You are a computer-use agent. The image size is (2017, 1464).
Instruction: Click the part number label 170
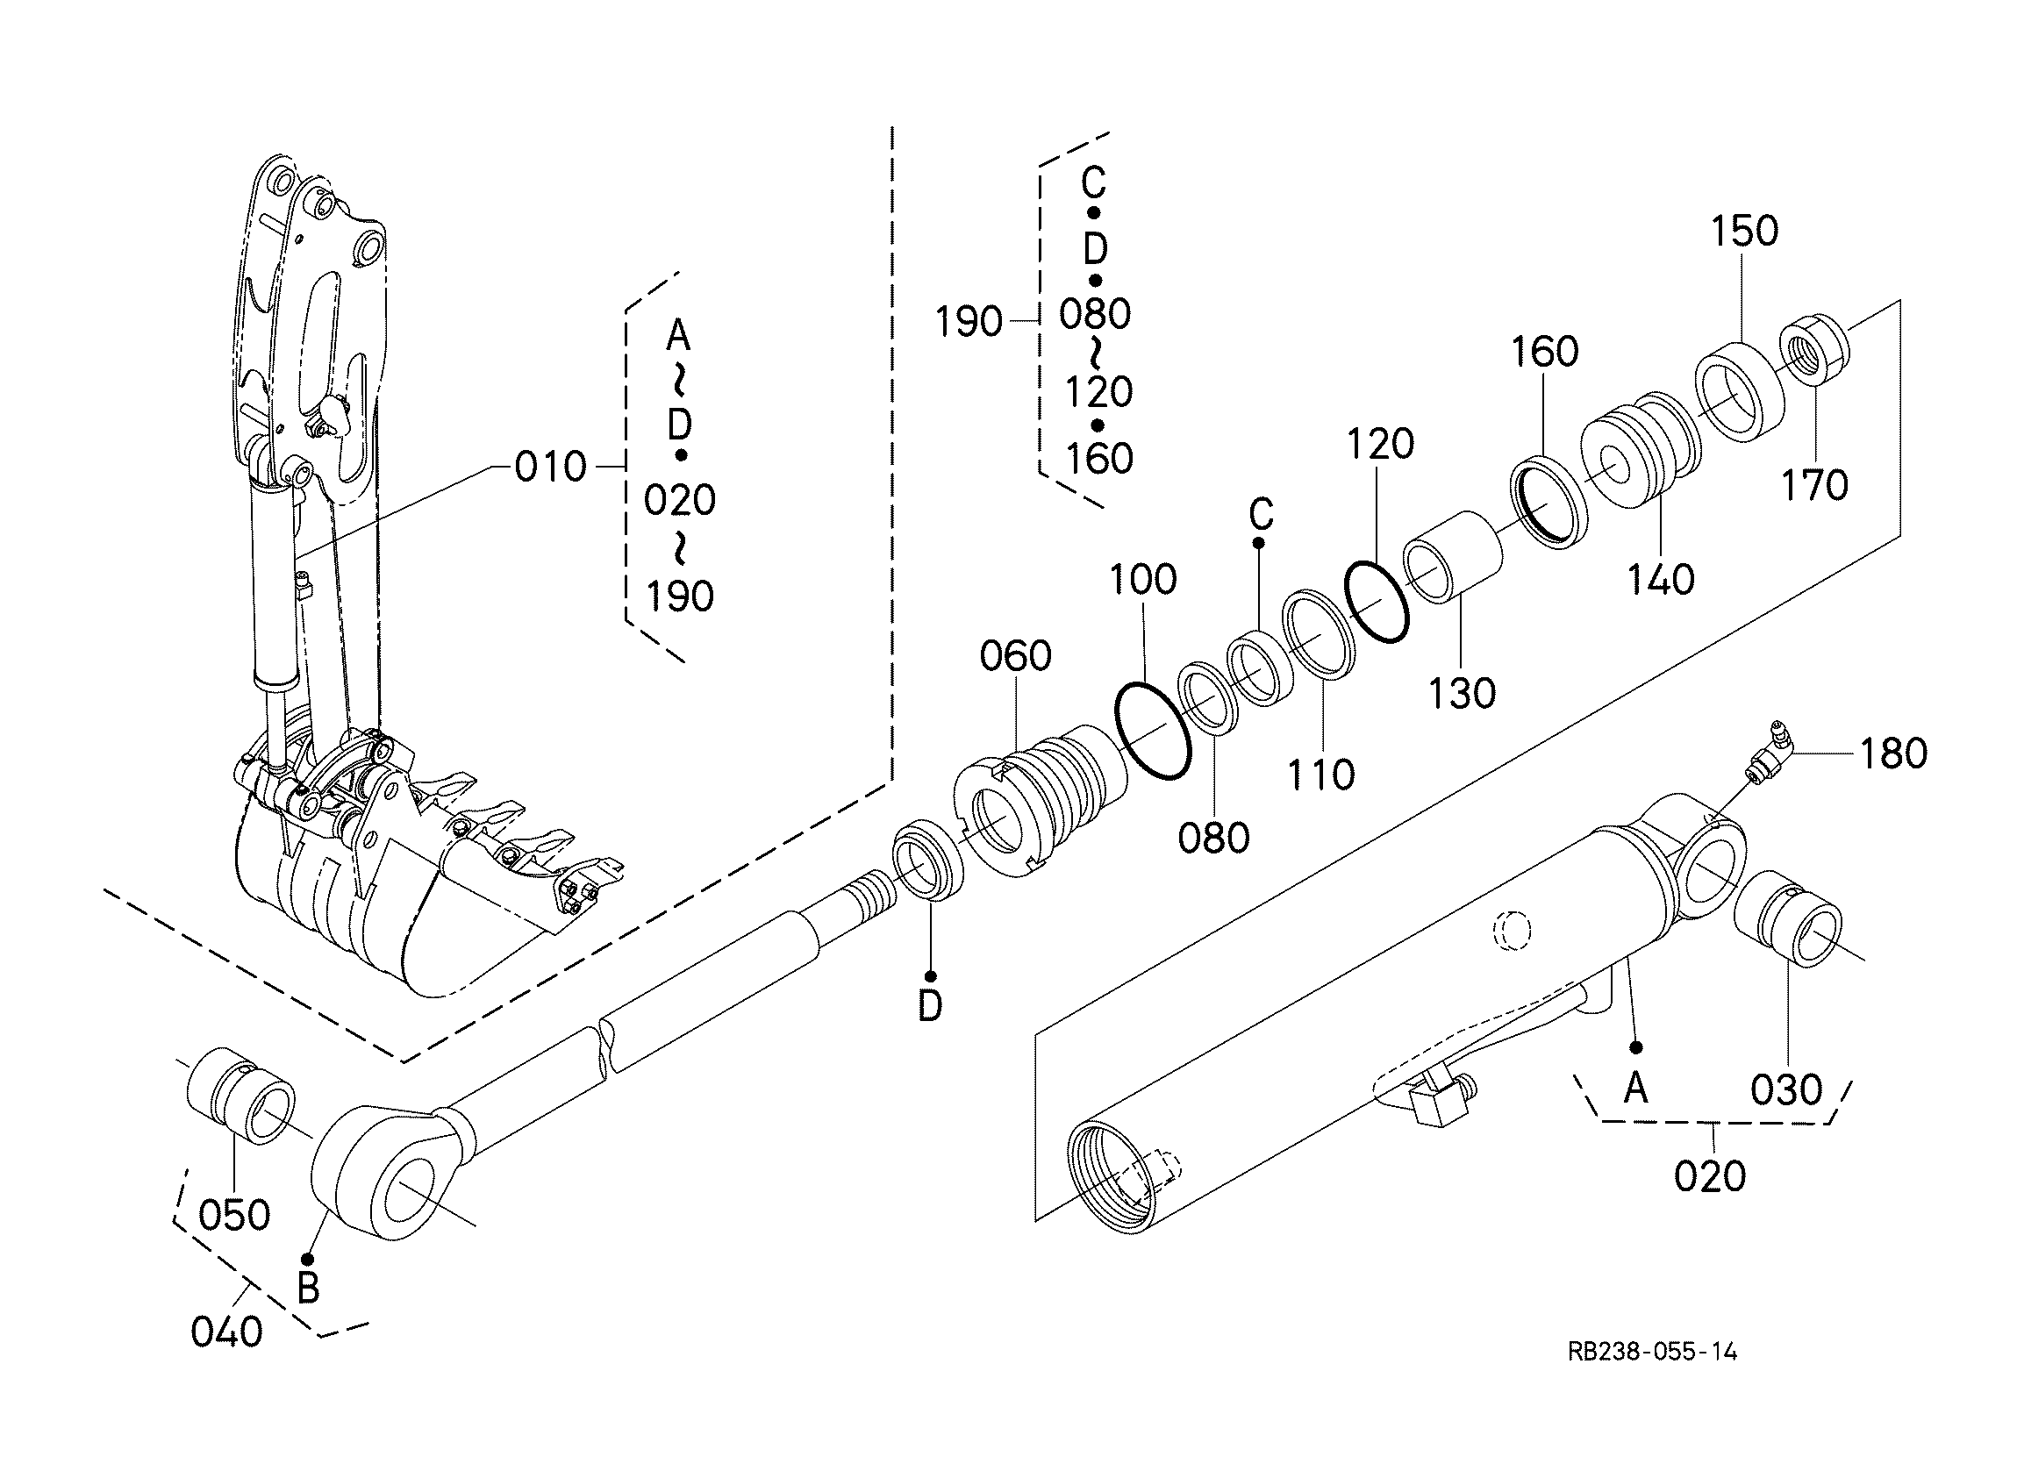pyautogui.click(x=1814, y=486)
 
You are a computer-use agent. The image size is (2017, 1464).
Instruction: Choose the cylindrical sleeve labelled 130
pyautogui.click(x=1453, y=558)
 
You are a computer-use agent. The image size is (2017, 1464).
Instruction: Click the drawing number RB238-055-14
pyautogui.click(x=1651, y=1353)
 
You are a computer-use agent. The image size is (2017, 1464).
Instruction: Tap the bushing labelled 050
pyautogui.click(x=241, y=1096)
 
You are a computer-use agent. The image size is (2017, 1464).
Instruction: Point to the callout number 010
pyautogui.click(x=550, y=467)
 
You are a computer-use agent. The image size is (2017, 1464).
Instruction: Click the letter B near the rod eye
pyautogui.click(x=308, y=1288)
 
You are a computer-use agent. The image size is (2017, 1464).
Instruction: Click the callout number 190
pyautogui.click(x=969, y=321)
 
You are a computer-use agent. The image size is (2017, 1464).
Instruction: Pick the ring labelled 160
pyautogui.click(x=1550, y=503)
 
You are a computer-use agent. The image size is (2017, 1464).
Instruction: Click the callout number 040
pyautogui.click(x=226, y=1332)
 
